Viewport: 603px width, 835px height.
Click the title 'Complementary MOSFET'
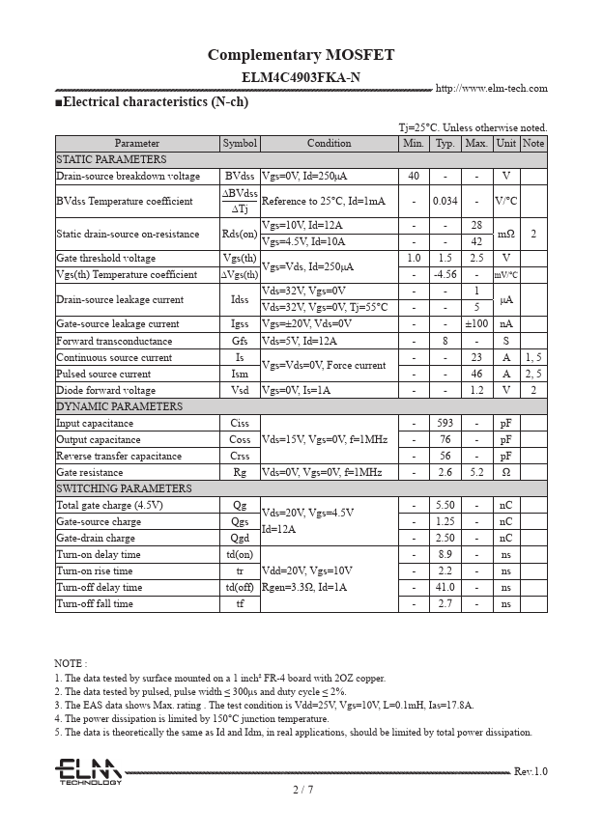(x=301, y=55)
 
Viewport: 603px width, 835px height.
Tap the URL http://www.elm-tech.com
(x=491, y=89)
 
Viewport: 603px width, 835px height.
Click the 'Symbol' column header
(x=240, y=144)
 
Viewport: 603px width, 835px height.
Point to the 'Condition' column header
(x=329, y=144)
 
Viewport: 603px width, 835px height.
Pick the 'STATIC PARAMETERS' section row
(x=111, y=159)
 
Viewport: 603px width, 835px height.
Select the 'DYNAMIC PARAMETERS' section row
(x=119, y=406)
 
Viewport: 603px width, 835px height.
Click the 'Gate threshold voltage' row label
(x=106, y=259)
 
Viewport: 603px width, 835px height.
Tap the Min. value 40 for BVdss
(x=414, y=177)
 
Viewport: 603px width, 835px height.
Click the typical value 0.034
(x=445, y=201)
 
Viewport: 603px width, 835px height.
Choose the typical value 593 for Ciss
(x=445, y=424)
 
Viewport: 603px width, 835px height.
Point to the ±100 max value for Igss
(x=476, y=324)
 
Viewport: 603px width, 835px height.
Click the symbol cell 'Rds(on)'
(x=240, y=234)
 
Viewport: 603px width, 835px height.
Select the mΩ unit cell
(x=505, y=234)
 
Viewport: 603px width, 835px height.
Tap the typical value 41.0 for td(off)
(x=445, y=588)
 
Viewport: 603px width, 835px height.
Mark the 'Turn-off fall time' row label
(x=95, y=604)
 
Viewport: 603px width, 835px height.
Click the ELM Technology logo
(x=88, y=771)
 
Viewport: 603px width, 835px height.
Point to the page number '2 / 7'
(x=302, y=790)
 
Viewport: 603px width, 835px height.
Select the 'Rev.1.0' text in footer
(x=530, y=771)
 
